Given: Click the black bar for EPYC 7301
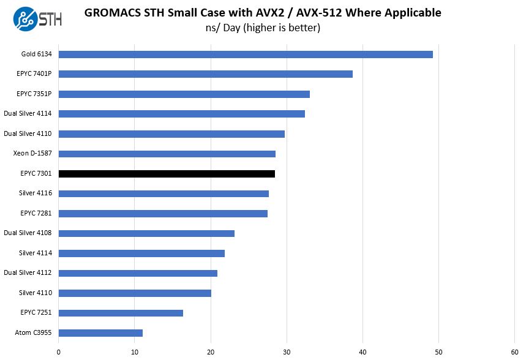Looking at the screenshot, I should pos(167,174).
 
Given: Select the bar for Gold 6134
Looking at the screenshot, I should pos(246,54).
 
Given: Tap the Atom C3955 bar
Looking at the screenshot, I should pos(100,333).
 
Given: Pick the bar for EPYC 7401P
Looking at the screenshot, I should pos(206,74).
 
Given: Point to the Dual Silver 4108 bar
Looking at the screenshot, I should pos(146,233).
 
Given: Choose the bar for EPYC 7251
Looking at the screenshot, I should pos(121,313).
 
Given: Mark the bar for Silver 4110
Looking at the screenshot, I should pos(135,293).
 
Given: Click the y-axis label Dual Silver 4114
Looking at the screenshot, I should pos(28,114).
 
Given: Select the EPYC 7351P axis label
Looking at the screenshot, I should pos(34,94).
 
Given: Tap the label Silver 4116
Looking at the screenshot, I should pos(36,193).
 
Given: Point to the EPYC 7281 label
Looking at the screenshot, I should pos(36,213).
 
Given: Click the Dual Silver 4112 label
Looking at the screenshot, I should pos(28,273).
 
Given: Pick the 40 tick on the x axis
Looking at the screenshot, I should pos(363,351).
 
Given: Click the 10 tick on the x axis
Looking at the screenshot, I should pos(135,351).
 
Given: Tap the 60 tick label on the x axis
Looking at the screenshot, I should pos(514,351).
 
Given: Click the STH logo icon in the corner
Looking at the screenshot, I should pos(23,18).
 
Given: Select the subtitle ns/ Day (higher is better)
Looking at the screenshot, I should pos(263,28).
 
